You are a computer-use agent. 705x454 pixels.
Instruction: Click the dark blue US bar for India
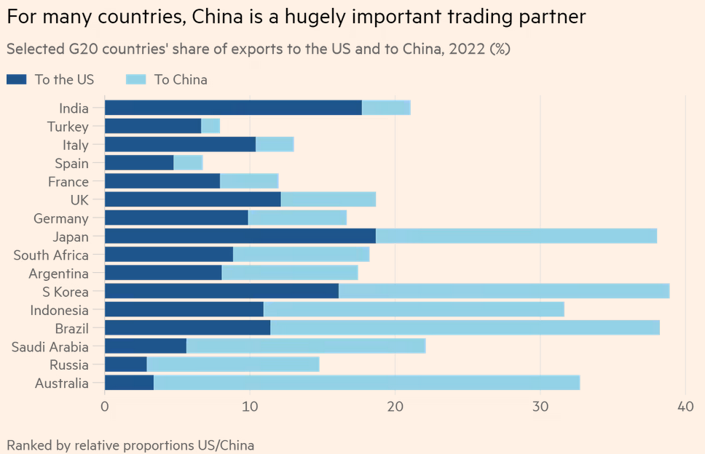pyautogui.click(x=233, y=108)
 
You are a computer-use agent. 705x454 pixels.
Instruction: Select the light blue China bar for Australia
pyautogui.click(x=366, y=383)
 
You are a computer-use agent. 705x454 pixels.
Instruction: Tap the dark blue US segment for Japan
pyautogui.click(x=240, y=236)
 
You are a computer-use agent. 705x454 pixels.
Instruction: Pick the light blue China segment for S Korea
pyautogui.click(x=504, y=291)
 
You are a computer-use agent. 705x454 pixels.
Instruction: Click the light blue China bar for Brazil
pyautogui.click(x=465, y=328)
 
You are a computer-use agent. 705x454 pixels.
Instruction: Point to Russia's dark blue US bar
pyautogui.click(x=126, y=365)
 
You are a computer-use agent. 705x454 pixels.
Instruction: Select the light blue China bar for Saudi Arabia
pyautogui.click(x=306, y=346)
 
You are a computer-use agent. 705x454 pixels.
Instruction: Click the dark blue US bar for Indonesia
pyautogui.click(x=184, y=310)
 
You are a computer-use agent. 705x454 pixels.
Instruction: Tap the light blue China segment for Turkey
pyautogui.click(x=210, y=127)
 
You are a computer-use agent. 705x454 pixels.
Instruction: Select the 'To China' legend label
pyautogui.click(x=181, y=79)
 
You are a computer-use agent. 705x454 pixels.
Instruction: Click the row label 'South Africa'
pyautogui.click(x=51, y=255)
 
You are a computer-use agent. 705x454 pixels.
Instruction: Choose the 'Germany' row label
pyautogui.click(x=61, y=218)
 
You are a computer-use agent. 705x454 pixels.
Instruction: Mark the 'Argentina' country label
pyautogui.click(x=59, y=274)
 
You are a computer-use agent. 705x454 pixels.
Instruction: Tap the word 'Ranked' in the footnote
pyautogui.click(x=28, y=445)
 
